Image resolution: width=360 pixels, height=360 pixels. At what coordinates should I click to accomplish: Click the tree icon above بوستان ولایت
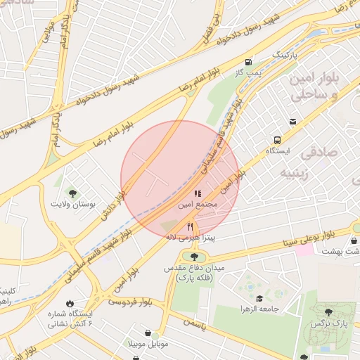[72, 192]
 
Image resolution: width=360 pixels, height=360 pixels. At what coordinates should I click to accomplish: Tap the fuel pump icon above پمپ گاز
[248, 62]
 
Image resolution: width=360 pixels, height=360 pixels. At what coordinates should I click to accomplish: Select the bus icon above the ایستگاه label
[278, 140]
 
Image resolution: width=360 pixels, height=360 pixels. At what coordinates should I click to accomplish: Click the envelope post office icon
[292, 121]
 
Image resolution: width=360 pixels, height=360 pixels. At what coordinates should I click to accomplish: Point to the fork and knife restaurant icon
[190, 226]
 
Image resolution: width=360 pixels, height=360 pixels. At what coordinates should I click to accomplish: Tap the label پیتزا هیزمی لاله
[190, 238]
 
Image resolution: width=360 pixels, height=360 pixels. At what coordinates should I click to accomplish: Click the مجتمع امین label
[199, 203]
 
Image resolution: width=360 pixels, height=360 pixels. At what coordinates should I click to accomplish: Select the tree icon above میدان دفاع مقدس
[193, 257]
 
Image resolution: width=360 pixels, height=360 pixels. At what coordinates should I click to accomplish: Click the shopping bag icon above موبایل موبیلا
[148, 333]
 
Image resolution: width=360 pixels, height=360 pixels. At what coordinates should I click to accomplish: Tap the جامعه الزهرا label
[260, 309]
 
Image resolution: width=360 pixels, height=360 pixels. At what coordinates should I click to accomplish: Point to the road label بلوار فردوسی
[130, 301]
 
